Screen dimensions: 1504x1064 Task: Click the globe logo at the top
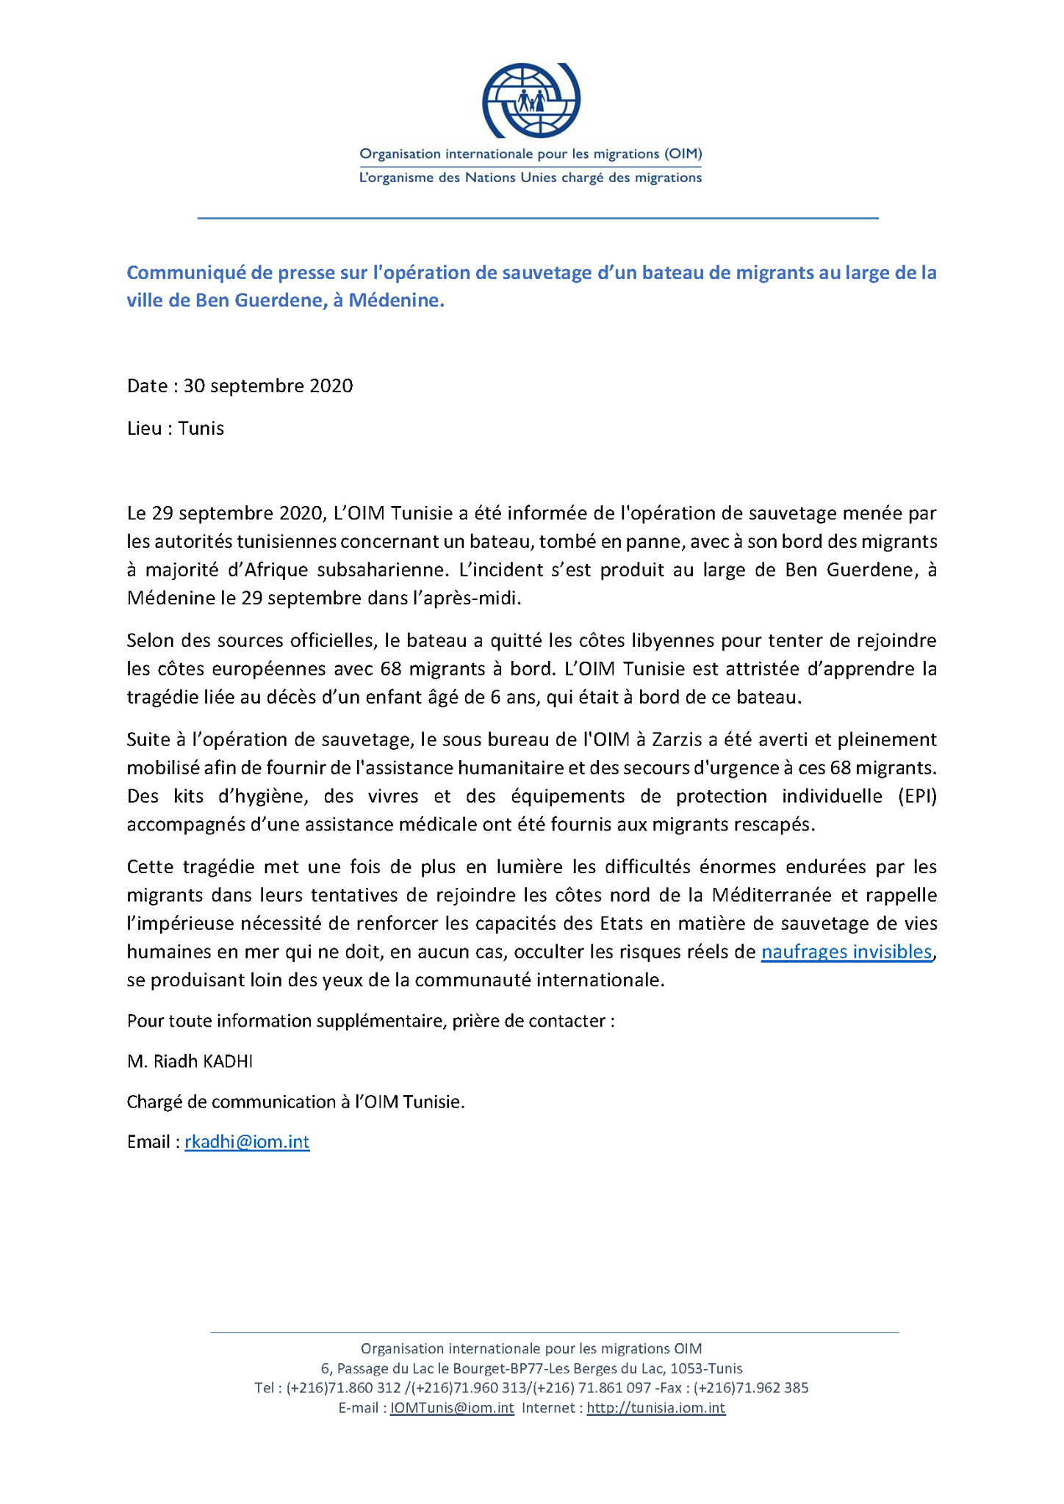pyautogui.click(x=531, y=100)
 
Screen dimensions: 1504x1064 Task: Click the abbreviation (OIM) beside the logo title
pyautogui.click(x=683, y=154)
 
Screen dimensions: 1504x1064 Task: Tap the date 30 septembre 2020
pyautogui.click(x=268, y=386)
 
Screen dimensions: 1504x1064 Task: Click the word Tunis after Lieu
pyautogui.click(x=201, y=429)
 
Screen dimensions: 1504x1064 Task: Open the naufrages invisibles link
pyautogui.click(x=846, y=952)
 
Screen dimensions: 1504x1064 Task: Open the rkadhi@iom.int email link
pyautogui.click(x=247, y=1143)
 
